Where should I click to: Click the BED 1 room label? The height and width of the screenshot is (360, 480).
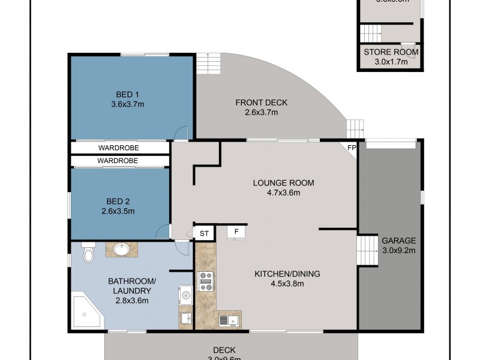tap(127, 94)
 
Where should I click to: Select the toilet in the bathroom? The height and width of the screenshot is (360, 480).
tap(88, 254)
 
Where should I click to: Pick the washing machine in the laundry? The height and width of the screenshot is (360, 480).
tap(185, 295)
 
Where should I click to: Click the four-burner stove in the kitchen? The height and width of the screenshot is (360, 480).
tap(206, 281)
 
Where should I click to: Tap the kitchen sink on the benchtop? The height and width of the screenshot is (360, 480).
tap(229, 321)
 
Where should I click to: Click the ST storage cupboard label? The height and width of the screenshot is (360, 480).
tap(204, 233)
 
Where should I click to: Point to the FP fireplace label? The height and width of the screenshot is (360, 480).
tap(352, 147)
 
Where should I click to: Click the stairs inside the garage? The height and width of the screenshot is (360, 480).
tap(365, 251)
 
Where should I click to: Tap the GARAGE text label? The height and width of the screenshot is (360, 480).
tap(398, 241)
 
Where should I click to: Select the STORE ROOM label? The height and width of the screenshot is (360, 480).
tap(391, 52)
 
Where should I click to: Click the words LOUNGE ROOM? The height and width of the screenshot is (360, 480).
tap(283, 183)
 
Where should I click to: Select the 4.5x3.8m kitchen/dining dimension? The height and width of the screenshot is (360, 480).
tap(287, 283)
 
